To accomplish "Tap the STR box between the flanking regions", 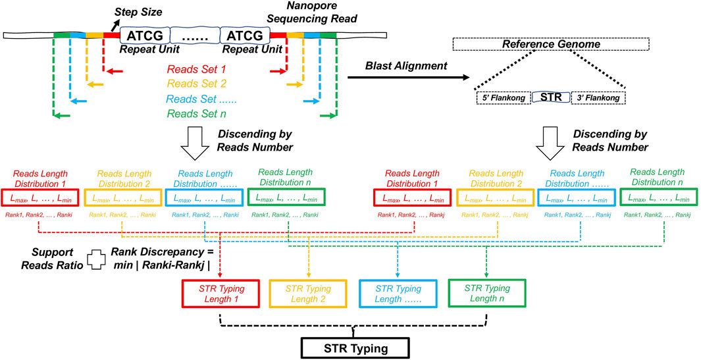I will pyautogui.click(x=550, y=97).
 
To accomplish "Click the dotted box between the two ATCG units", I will pyautogui.click(x=195, y=34).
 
